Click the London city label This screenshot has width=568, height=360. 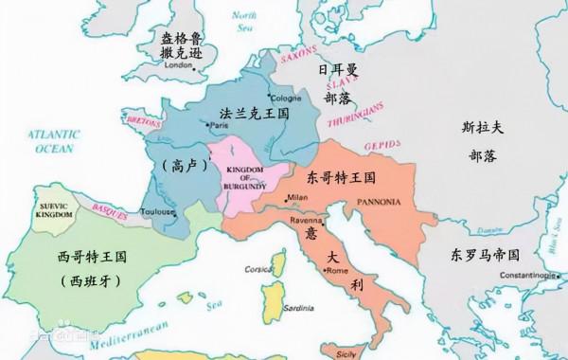[179, 65]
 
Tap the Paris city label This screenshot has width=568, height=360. [221, 126]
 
